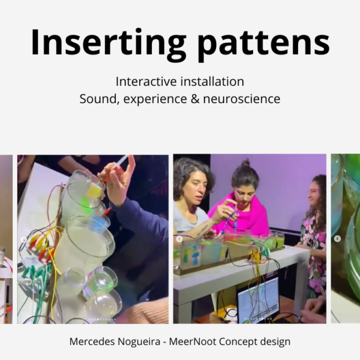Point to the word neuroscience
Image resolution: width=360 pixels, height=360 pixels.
click(x=242, y=99)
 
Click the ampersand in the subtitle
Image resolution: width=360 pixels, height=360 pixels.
click(x=195, y=99)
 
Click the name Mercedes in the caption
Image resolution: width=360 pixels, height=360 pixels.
click(x=92, y=341)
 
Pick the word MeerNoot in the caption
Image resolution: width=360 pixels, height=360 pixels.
click(x=192, y=341)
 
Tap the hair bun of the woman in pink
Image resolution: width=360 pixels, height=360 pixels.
click(x=247, y=164)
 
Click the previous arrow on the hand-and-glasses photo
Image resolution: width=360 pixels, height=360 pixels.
click(x=23, y=239)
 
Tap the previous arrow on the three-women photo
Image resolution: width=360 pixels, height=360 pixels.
click(x=179, y=239)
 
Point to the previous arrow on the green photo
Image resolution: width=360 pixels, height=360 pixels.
click(x=337, y=239)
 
